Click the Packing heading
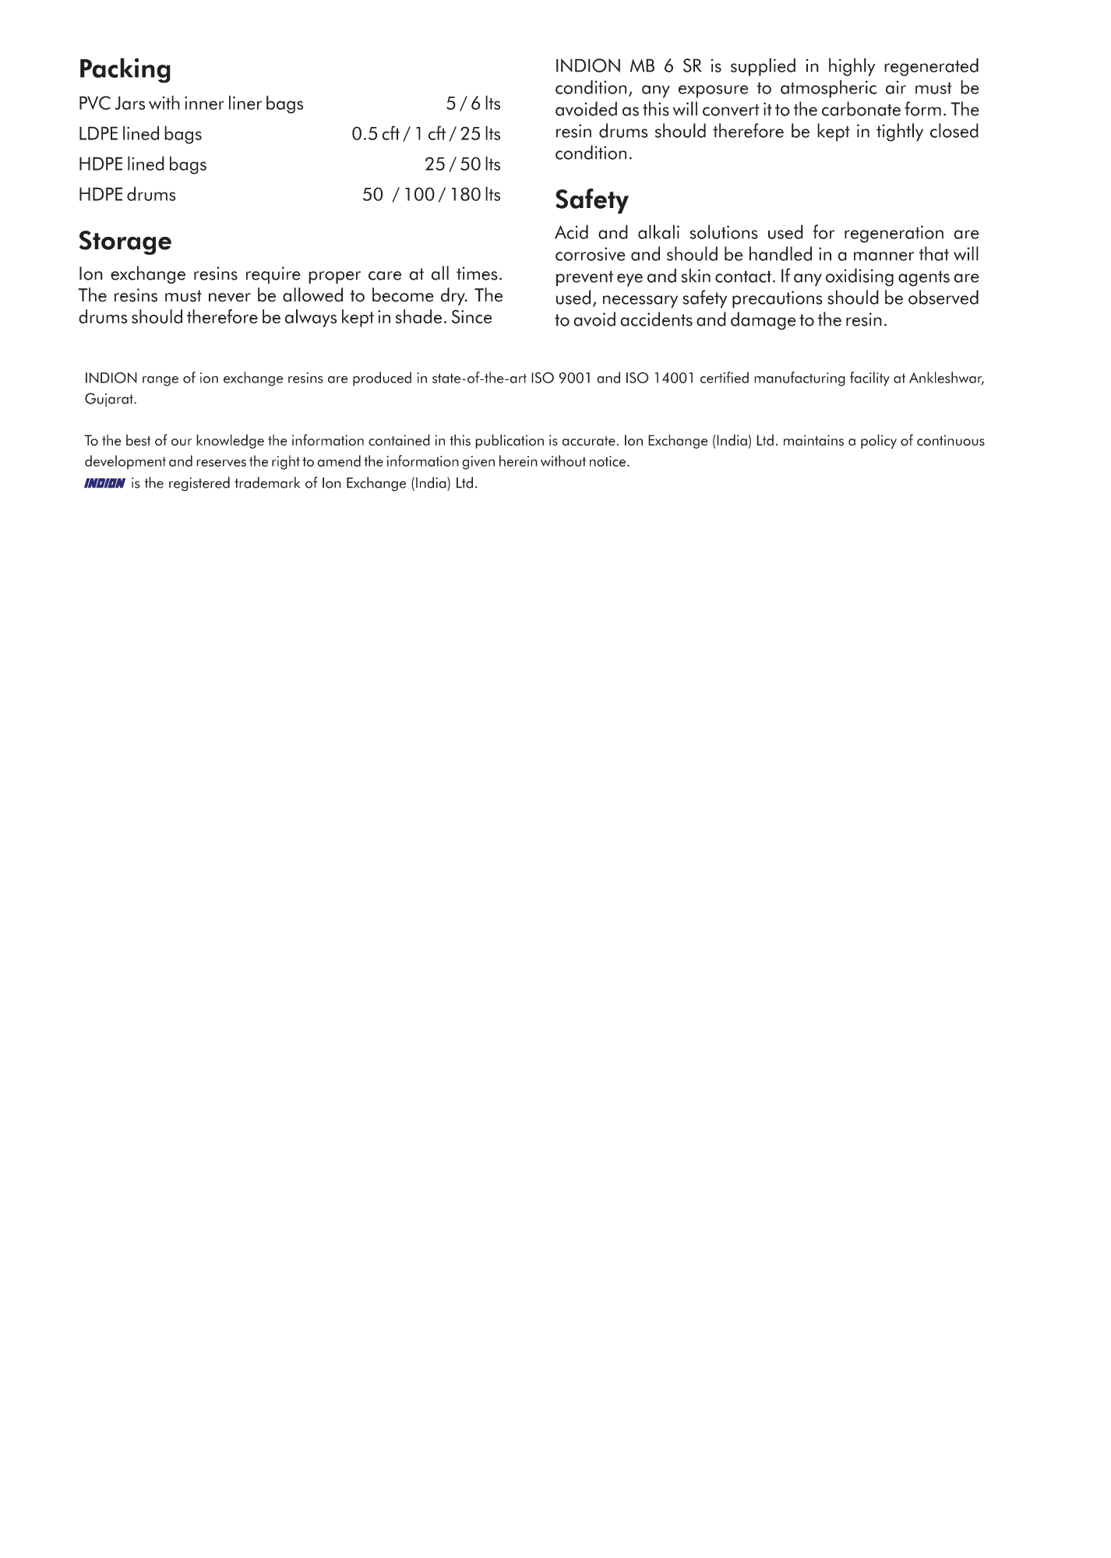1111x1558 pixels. coord(125,70)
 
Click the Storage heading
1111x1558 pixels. coord(125,241)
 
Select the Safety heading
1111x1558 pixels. coord(591,201)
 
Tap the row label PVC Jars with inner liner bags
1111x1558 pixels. coord(191,104)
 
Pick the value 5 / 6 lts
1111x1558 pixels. coord(473,104)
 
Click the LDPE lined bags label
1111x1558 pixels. coord(140,135)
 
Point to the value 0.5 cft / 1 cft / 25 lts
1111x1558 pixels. coord(425,135)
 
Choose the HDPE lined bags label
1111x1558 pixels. coord(143,165)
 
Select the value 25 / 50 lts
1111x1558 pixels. coord(462,165)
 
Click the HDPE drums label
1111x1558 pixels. coord(127,196)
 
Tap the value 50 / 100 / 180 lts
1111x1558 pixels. coord(431,196)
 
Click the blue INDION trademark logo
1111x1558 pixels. coord(104,484)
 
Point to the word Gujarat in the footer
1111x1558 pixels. coord(110,400)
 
